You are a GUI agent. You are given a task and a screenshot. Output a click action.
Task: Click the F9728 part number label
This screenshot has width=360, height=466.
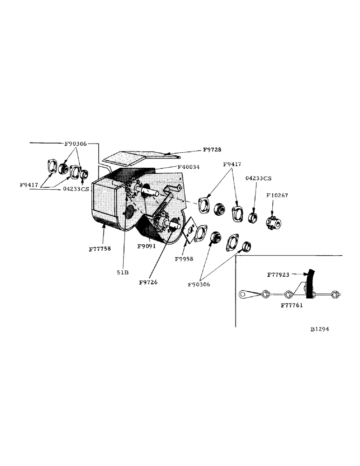click(x=212, y=150)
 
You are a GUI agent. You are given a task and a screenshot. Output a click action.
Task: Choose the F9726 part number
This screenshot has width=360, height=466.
click(x=148, y=282)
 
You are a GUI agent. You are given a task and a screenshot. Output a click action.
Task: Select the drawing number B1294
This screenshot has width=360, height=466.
click(x=319, y=329)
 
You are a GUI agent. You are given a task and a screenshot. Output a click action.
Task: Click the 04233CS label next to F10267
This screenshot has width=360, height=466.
click(x=258, y=178)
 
